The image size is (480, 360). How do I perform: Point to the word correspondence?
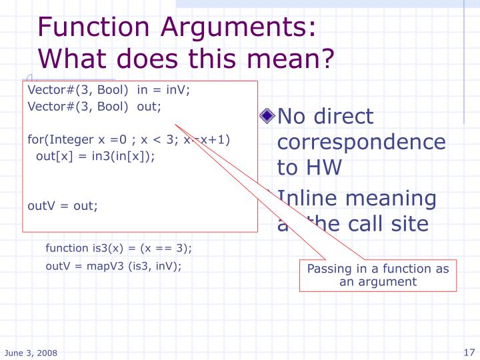tap(361, 142)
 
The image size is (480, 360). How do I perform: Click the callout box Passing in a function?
tap(377, 275)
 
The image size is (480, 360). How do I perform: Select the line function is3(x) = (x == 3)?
tap(119, 249)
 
